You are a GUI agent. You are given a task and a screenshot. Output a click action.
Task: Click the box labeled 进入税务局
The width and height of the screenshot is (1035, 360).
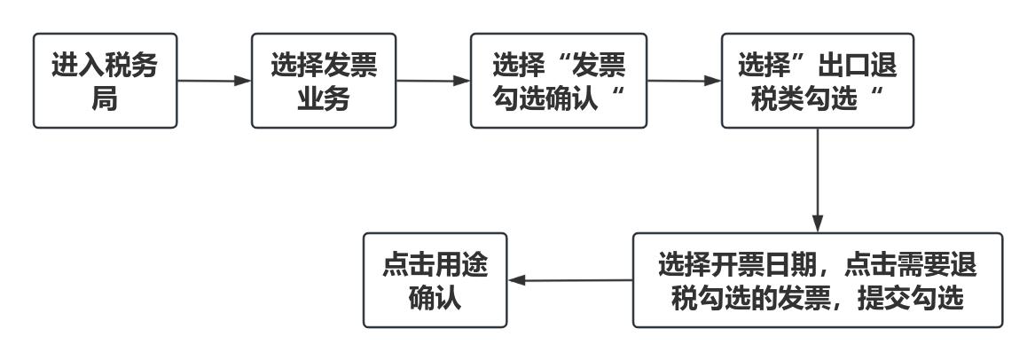point(105,81)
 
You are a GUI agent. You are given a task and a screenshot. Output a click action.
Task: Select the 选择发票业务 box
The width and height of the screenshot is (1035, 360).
point(324,81)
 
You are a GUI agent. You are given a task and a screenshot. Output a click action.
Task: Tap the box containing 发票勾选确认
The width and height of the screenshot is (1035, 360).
point(559,81)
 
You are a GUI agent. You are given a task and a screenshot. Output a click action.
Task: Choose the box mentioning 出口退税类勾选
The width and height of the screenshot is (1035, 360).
point(816,81)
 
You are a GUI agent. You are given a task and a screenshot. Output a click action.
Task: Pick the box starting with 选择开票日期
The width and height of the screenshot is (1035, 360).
point(817,280)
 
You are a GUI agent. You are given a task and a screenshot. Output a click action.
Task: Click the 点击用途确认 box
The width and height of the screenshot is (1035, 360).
point(435,280)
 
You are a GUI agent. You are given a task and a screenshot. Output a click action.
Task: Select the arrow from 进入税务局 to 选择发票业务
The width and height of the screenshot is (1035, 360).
point(214,81)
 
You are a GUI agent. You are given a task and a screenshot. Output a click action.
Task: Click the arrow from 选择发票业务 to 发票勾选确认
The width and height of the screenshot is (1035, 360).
point(433,81)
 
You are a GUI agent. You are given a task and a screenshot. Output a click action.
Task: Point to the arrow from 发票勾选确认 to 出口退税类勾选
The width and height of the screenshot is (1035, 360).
point(684,81)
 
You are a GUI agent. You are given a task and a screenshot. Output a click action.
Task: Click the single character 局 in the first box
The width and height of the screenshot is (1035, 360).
point(105,98)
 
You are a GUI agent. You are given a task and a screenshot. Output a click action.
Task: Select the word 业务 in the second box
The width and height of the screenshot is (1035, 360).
point(323,98)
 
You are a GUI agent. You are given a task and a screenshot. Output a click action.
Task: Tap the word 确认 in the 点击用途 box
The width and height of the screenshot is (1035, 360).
point(435,297)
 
